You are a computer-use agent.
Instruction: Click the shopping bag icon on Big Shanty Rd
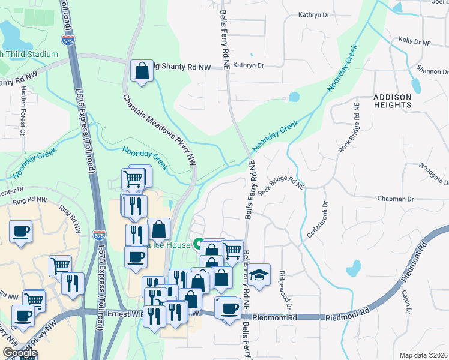(142, 71)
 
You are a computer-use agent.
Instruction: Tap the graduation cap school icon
(259, 274)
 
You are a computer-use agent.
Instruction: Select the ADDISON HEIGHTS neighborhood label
(393, 100)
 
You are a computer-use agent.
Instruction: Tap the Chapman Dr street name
(396, 199)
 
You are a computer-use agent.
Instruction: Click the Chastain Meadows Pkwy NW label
(160, 130)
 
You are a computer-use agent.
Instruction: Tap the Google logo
(20, 353)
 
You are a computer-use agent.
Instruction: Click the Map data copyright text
(420, 355)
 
